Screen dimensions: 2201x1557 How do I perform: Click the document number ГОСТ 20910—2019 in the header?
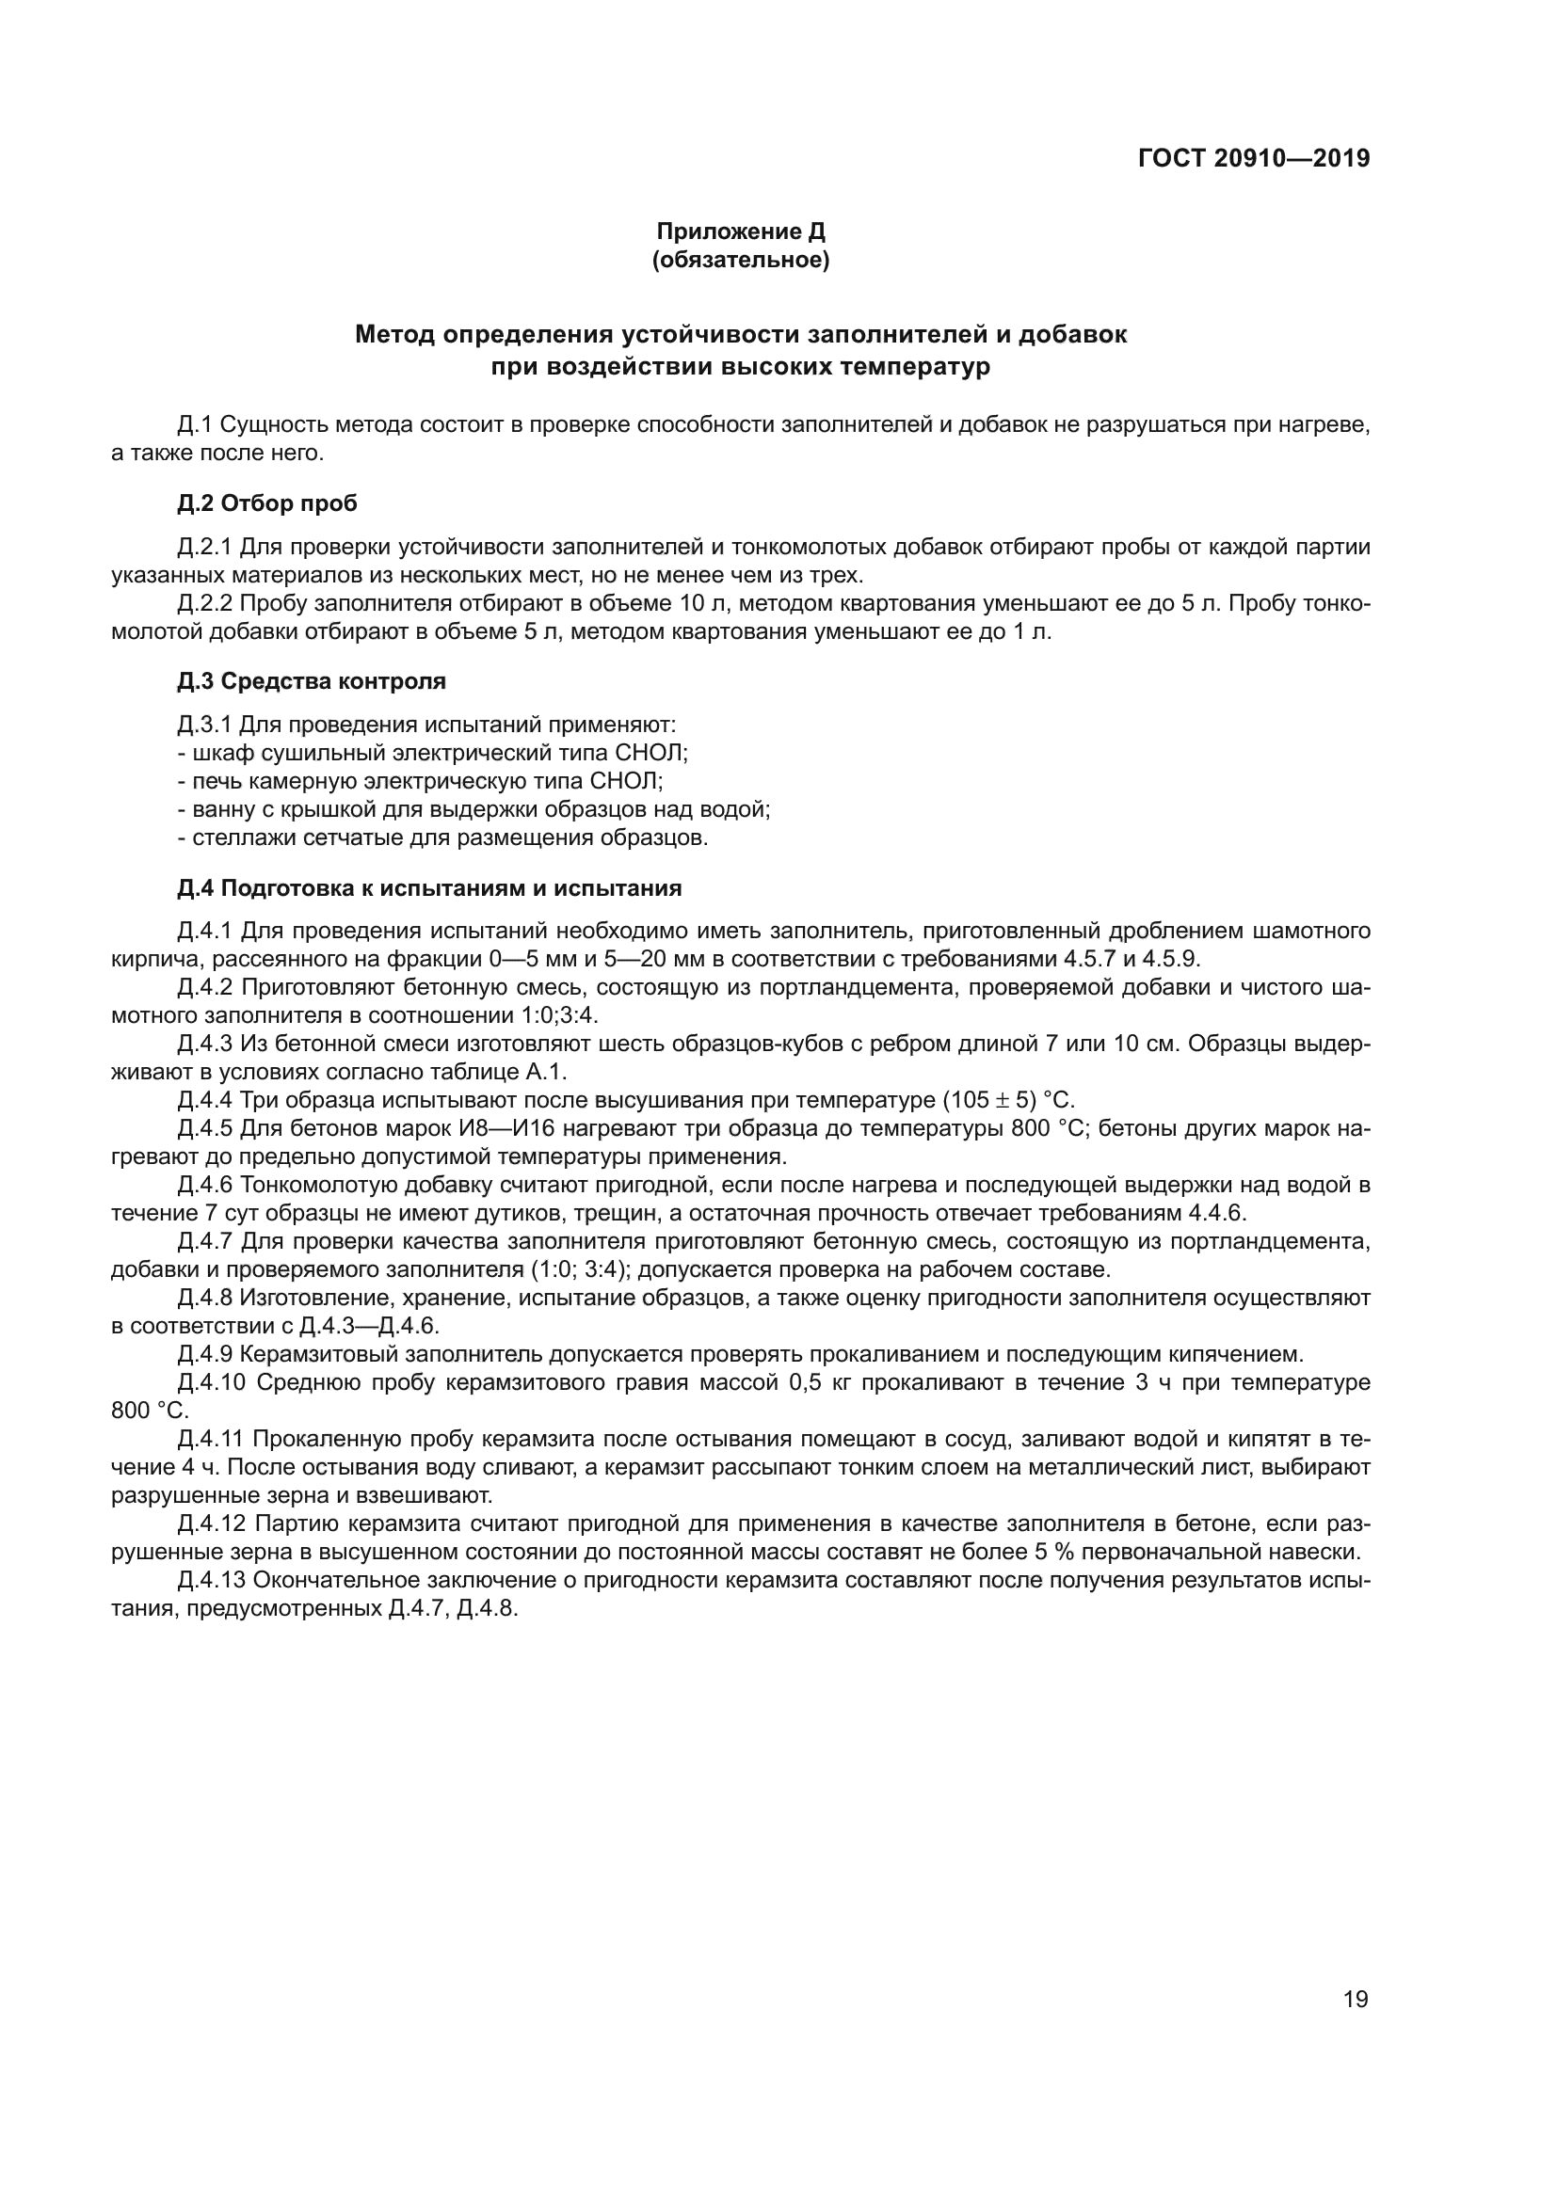click(1253, 158)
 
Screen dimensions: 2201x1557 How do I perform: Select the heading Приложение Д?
click(740, 231)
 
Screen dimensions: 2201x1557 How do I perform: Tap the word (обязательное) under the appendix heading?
click(740, 260)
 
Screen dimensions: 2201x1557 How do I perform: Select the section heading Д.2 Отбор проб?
click(266, 503)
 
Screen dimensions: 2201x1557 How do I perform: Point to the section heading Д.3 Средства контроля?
click(312, 681)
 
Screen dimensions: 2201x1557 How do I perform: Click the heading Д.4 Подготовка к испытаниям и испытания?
click(428, 887)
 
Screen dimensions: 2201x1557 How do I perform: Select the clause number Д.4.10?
click(211, 1382)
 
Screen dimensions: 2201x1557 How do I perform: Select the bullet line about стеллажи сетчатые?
click(443, 837)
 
